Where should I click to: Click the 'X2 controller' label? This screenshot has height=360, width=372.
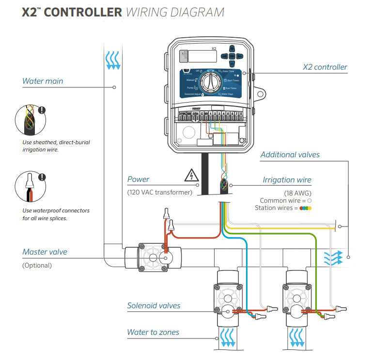tap(325, 67)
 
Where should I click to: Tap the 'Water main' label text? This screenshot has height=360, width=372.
tap(43, 81)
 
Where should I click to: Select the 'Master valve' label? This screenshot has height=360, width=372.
tap(45, 252)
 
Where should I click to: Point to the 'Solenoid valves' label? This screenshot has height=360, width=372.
tap(154, 305)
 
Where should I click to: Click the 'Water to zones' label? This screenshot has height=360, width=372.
tap(153, 332)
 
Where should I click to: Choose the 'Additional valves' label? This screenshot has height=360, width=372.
tap(290, 155)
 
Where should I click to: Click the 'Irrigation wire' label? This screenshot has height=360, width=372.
tap(287, 180)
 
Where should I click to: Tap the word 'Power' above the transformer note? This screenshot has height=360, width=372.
tap(139, 180)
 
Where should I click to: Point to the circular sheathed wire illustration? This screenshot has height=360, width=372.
tap(29, 120)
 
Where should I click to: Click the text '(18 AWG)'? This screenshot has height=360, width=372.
tap(301, 192)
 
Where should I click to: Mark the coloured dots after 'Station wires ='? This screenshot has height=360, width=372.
tap(306, 208)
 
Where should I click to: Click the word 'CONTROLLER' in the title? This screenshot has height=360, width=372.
tap(82, 12)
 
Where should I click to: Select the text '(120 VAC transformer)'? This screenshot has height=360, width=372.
tap(159, 192)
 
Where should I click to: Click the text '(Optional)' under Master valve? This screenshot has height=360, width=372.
tap(37, 265)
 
